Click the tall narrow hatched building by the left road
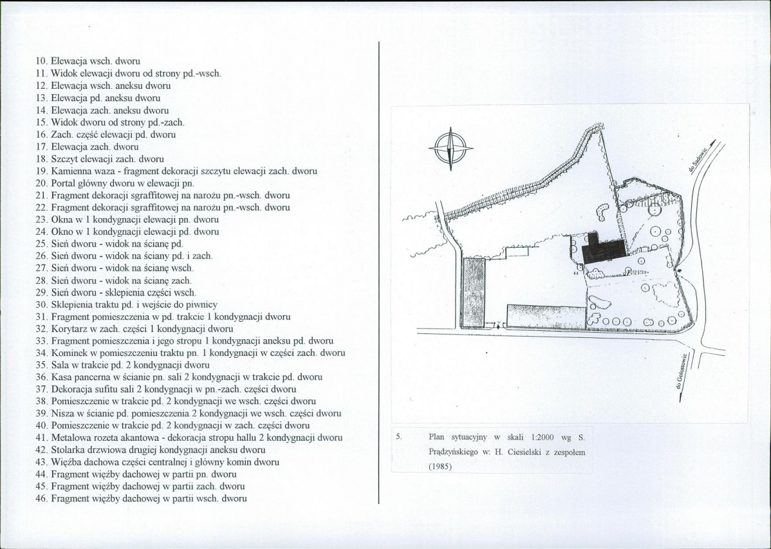(x=474, y=293)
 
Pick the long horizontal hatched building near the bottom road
(x=547, y=316)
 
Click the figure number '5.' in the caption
(x=399, y=436)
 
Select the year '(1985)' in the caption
(x=440, y=467)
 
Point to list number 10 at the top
(x=41, y=62)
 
